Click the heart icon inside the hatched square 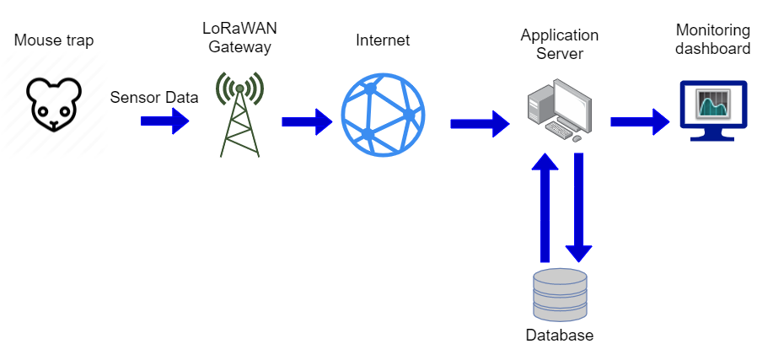[54, 103]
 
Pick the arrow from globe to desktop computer [479, 124]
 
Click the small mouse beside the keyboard [577, 138]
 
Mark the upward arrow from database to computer [545, 207]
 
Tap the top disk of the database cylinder [560, 277]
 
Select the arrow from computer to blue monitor [639, 122]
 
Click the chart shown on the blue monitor [713, 104]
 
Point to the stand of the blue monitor [712, 135]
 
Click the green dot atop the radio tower [239, 88]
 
